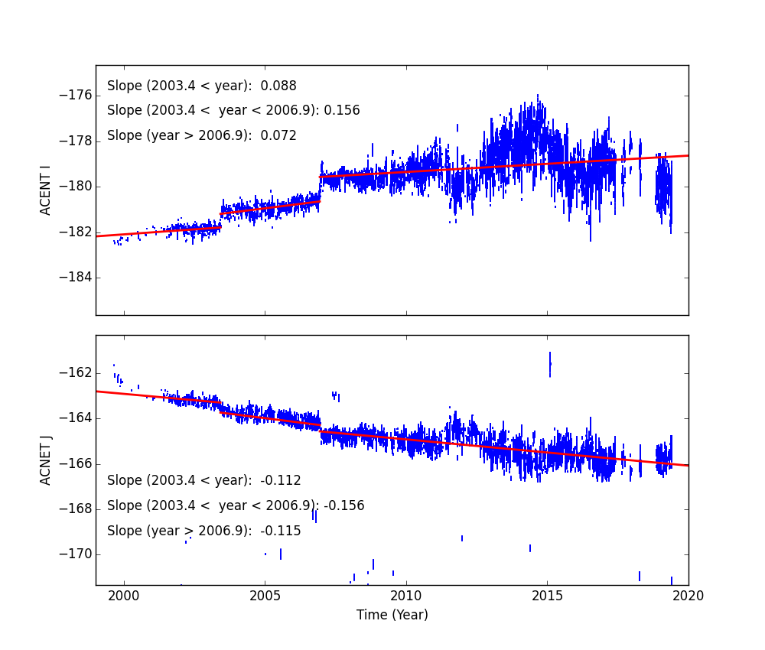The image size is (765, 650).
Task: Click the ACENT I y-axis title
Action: point(46,190)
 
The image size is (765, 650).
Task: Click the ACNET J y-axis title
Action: point(46,460)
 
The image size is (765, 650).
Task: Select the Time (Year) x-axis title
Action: point(392,615)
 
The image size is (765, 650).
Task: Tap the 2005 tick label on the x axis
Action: point(265,596)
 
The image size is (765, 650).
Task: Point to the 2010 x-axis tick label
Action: point(406,596)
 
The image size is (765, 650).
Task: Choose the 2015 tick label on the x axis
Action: point(547,596)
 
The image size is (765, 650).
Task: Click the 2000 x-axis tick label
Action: point(124,596)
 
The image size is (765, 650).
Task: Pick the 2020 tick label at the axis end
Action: point(688,596)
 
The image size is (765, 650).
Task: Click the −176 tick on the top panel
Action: point(75,96)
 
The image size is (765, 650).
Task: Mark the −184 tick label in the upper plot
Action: point(75,277)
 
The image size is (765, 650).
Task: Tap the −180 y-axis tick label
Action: point(75,187)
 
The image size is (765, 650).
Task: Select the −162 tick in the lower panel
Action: point(75,373)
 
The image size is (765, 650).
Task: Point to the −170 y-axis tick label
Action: point(75,554)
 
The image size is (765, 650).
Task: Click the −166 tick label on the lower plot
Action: point(75,463)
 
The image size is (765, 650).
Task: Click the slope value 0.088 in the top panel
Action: point(278,86)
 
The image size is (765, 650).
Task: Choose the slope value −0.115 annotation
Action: point(281,531)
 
